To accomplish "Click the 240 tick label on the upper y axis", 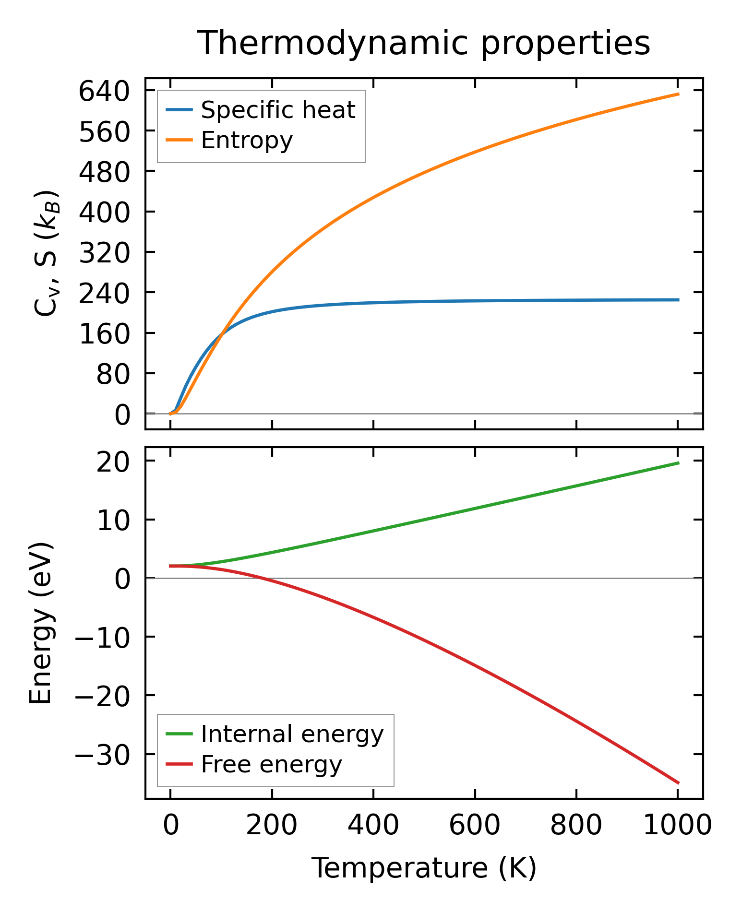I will point(104,293).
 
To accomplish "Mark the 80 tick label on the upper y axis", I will point(113,374).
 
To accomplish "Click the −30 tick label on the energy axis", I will point(102,755).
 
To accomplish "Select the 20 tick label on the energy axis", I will point(113,462).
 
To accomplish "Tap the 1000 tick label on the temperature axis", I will point(677,825).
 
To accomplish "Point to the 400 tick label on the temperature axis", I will point(373,825).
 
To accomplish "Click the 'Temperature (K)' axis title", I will point(424,868).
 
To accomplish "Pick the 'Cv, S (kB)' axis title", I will point(46,253).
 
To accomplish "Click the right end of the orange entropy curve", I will point(678,94).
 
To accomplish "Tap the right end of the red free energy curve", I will point(678,783).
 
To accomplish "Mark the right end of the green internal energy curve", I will point(678,462).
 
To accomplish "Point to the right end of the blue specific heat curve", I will point(678,300).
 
